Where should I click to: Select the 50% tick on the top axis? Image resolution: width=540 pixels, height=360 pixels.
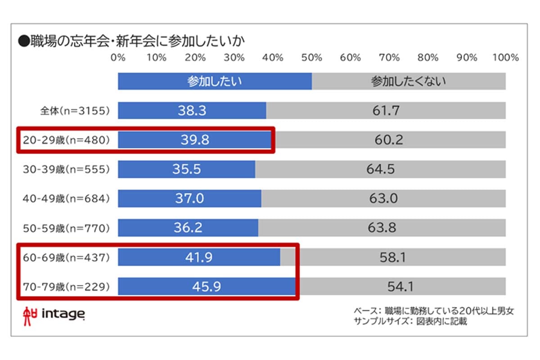coord(312,58)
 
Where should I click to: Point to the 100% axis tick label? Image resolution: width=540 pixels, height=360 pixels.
coord(505,58)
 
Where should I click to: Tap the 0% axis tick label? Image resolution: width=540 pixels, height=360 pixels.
coord(118,58)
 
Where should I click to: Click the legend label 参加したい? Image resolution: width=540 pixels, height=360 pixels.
coord(215,81)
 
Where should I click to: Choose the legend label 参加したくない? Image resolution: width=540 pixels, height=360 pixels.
coord(408,81)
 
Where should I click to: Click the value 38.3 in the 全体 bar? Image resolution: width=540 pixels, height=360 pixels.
coord(192,111)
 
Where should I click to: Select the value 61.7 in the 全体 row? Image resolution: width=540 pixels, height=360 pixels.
coord(386,111)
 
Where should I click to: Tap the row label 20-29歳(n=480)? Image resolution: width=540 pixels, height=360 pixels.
coord(66,140)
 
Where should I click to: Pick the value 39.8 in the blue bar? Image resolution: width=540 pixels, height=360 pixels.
coord(195,140)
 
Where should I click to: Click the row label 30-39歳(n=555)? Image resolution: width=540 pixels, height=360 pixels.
coord(66,170)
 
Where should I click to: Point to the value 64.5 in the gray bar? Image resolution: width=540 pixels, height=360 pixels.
coord(380,170)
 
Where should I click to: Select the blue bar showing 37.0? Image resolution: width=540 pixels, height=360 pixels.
coord(189,198)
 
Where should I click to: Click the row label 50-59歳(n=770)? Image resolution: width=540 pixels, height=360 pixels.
coord(66,228)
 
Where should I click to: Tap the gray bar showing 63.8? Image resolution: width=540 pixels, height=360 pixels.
coord(382,228)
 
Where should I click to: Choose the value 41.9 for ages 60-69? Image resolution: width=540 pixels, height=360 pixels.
coord(198,257)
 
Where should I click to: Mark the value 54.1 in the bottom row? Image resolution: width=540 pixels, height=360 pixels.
coord(400,287)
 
